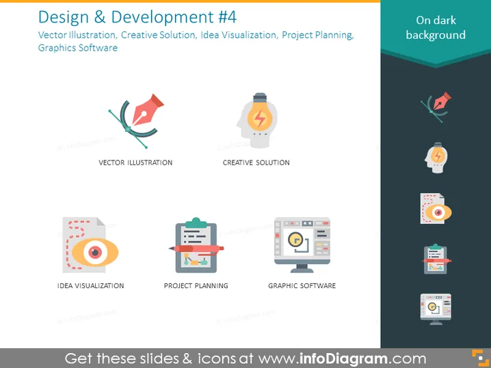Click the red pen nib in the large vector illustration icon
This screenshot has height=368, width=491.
(x=147, y=109)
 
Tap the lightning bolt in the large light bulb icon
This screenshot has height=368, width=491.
(x=260, y=118)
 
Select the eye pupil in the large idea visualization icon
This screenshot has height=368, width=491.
(x=95, y=252)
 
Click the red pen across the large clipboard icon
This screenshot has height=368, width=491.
(x=196, y=249)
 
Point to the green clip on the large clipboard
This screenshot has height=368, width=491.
(x=196, y=223)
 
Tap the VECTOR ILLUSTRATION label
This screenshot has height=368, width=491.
(x=135, y=162)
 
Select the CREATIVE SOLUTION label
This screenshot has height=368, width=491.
(x=256, y=162)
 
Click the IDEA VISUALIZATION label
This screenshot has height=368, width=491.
(x=90, y=286)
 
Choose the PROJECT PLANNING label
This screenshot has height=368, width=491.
(x=196, y=286)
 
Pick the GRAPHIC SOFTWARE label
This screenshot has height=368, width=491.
(x=302, y=286)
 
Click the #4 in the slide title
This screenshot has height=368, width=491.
(x=227, y=17)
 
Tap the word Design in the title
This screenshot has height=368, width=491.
(x=64, y=18)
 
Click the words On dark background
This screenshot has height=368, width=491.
(x=436, y=27)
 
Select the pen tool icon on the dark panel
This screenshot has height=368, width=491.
(x=436, y=107)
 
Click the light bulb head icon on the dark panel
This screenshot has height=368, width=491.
(x=436, y=158)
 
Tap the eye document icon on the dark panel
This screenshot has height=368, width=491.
(x=436, y=208)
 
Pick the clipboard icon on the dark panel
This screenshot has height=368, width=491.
(x=436, y=259)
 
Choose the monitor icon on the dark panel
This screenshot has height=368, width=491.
(x=436, y=309)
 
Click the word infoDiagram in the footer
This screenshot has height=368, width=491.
(x=343, y=358)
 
